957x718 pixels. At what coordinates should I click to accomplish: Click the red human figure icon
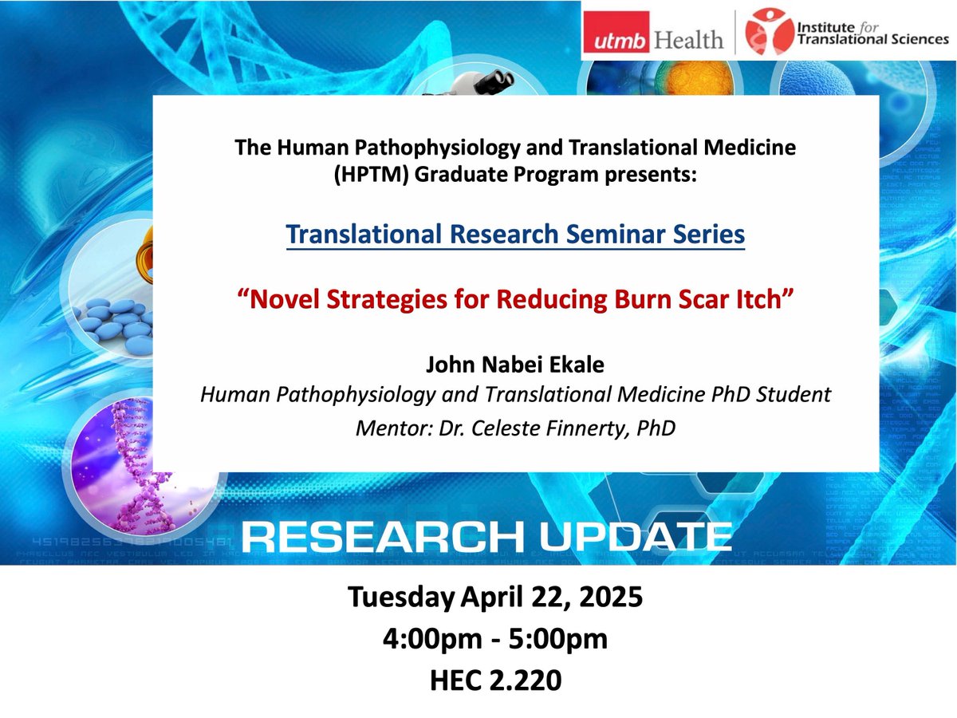click(760, 32)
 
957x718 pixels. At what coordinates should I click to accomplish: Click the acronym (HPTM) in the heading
click(366, 174)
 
